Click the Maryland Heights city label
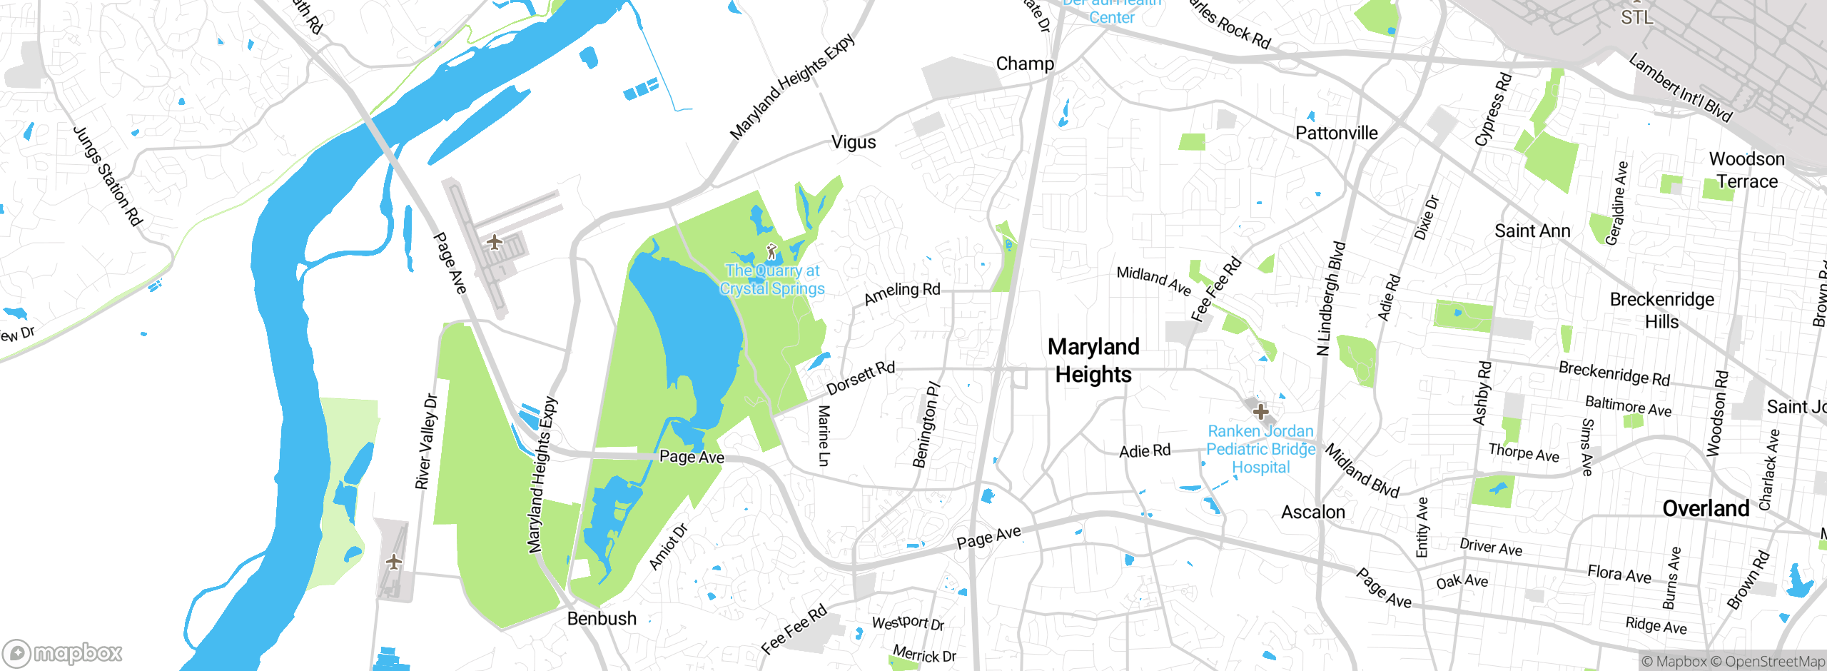[1093, 360]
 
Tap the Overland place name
[1706, 508]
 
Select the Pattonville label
[1336, 133]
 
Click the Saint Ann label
[1532, 231]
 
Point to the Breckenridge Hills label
[1661, 311]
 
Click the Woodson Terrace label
[1746, 170]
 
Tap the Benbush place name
[602, 618]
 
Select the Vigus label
[854, 142]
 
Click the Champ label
[1025, 64]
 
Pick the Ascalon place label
[1312, 512]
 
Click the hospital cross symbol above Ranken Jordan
[1260, 411]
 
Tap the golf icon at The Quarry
[771, 251]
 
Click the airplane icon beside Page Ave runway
[495, 242]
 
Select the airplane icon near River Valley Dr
[394, 562]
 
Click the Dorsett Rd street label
[860, 378]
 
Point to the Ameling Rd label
[902, 293]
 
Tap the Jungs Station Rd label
[108, 176]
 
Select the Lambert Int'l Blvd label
[1680, 89]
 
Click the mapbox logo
[63, 652]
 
